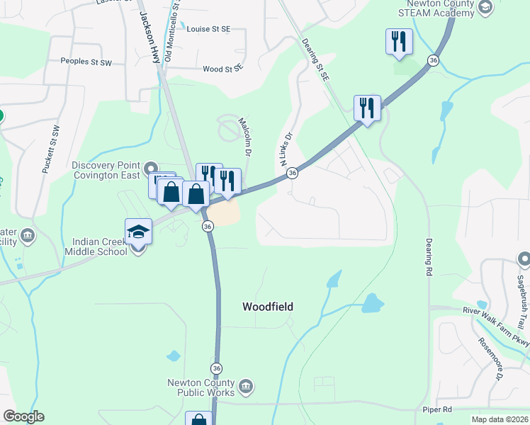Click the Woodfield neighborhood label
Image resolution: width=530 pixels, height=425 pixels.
(268, 307)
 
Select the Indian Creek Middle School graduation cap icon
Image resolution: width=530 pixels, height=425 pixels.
(138, 232)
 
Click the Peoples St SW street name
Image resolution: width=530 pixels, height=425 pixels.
(86, 62)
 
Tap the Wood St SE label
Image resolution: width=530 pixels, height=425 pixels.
(222, 69)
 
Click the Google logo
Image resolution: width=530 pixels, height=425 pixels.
(23, 416)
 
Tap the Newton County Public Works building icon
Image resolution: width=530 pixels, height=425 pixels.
(245, 386)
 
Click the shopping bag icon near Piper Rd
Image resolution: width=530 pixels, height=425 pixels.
(199, 420)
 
